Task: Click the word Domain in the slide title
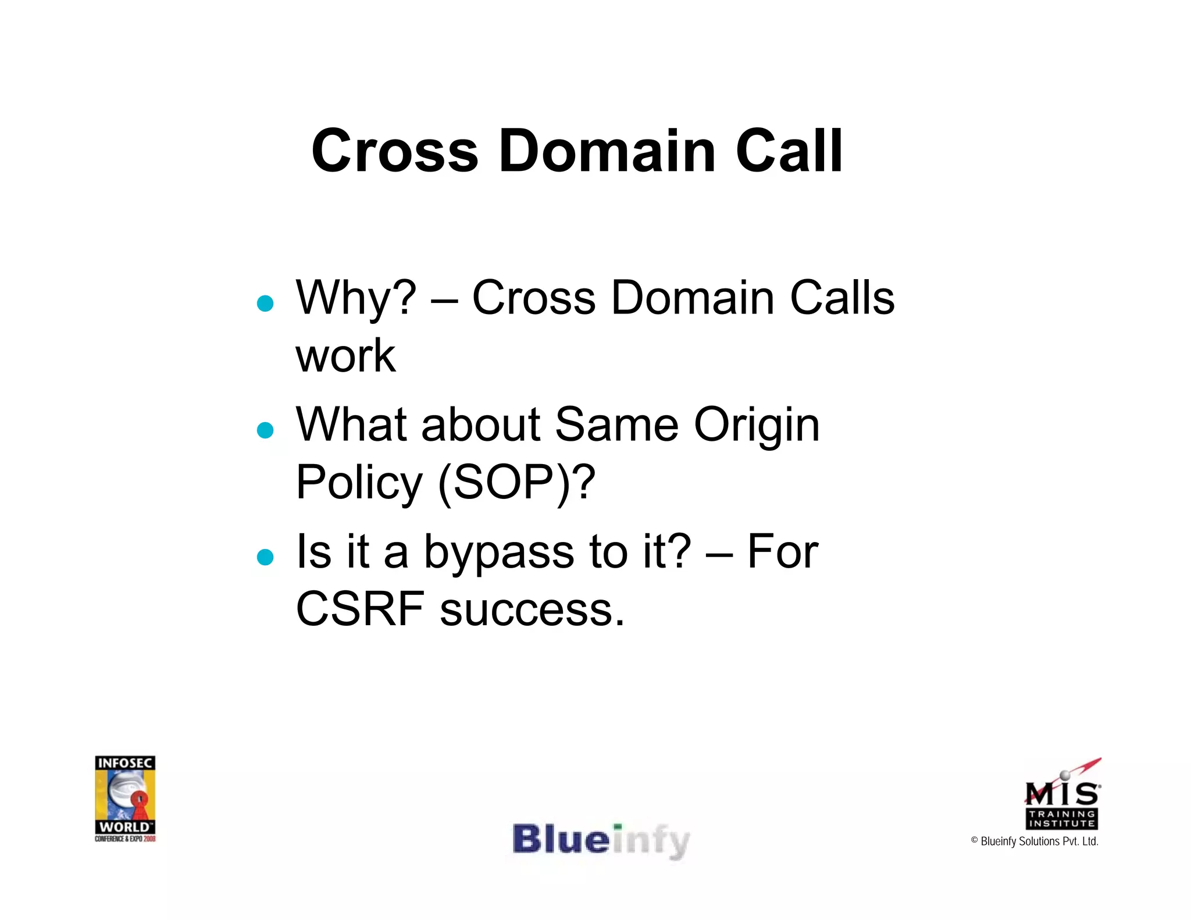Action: [607, 151]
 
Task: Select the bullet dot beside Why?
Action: [265, 304]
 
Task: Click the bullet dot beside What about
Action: [265, 430]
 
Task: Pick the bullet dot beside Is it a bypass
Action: [265, 557]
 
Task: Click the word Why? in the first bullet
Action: [356, 298]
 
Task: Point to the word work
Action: [345, 356]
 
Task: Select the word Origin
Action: [757, 425]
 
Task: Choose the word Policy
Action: [359, 483]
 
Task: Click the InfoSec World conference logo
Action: [125, 798]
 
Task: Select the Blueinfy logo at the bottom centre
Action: [601, 841]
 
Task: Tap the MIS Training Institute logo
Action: [1062, 796]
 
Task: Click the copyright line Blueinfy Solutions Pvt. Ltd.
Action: [1035, 841]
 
